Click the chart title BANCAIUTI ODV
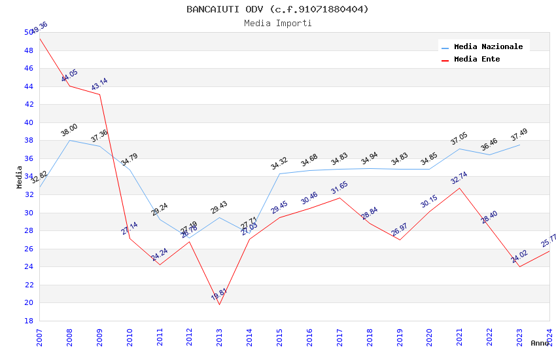coord(277,9)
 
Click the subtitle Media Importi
coord(277,24)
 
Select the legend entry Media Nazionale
coord(488,46)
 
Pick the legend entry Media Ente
coord(477,59)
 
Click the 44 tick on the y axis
coord(29,86)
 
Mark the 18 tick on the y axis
coord(29,321)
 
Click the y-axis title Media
coord(20,177)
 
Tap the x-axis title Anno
coord(540,343)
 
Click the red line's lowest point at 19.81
coord(219,304)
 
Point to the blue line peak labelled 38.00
coord(69,140)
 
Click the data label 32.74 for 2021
coord(459,179)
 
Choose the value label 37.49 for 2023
coord(519,135)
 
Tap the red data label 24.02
coord(519,257)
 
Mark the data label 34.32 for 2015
coord(279,164)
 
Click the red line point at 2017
coord(339,198)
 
